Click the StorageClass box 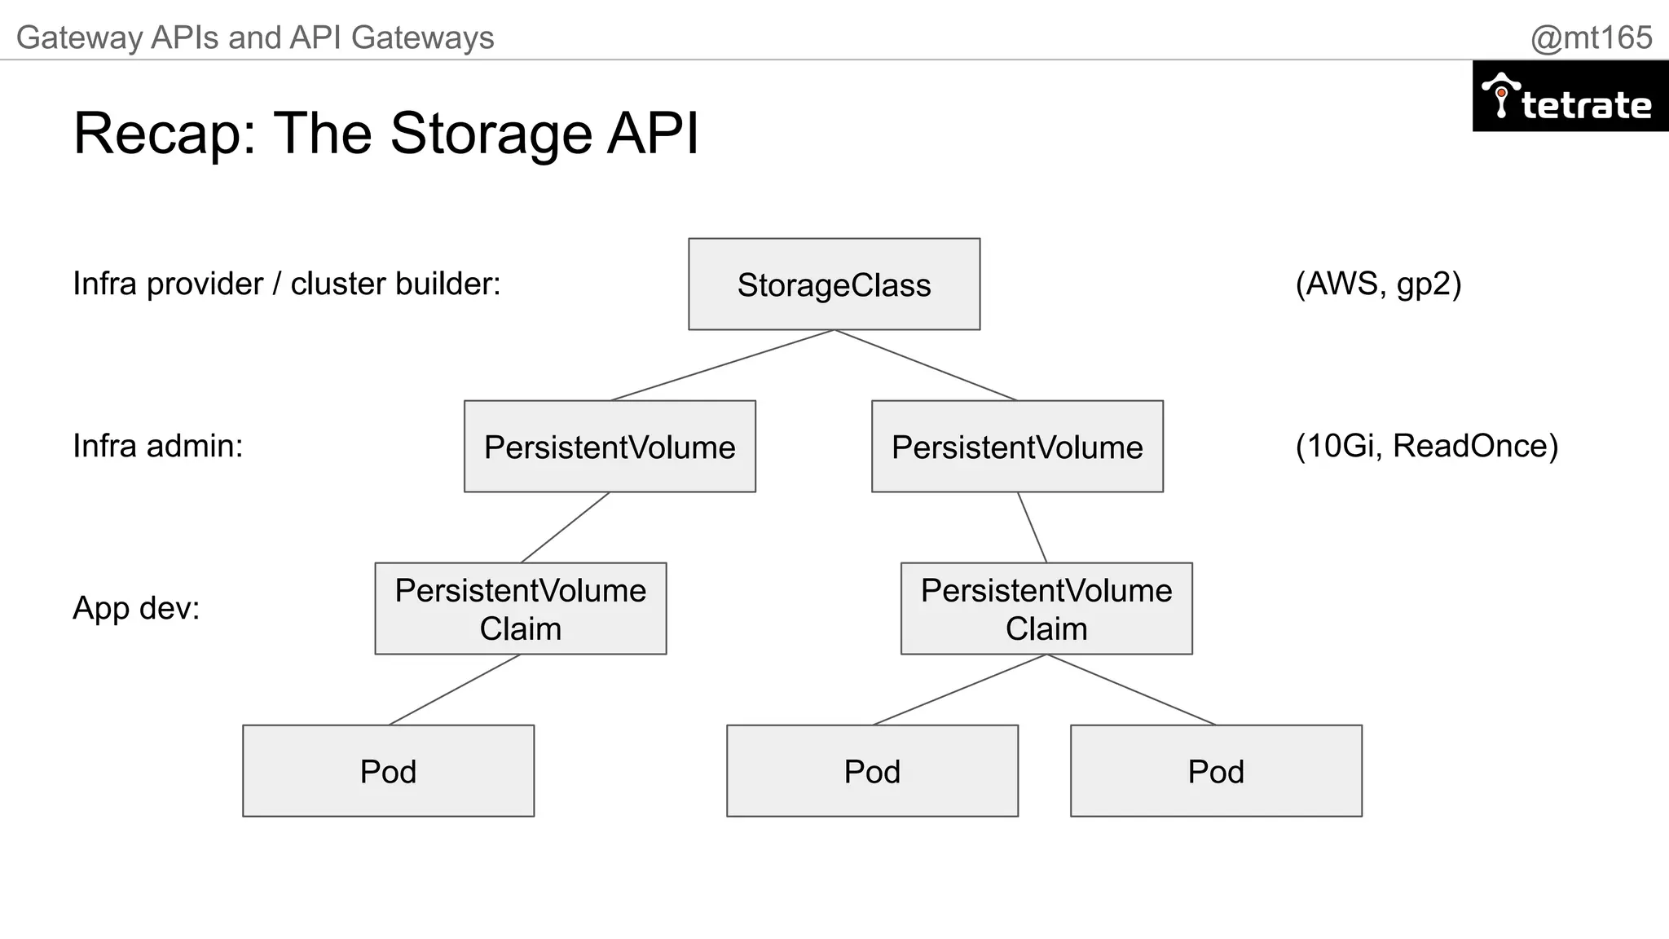pyautogui.click(x=834, y=284)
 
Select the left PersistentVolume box pyautogui.click(x=610, y=447)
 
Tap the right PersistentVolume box pyautogui.click(x=1017, y=447)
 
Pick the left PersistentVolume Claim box pyautogui.click(x=520, y=609)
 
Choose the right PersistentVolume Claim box pyautogui.click(x=1046, y=609)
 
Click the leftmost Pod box pyautogui.click(x=388, y=771)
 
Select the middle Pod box pyautogui.click(x=872, y=771)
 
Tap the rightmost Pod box pyautogui.click(x=1216, y=771)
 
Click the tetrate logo pyautogui.click(x=1570, y=97)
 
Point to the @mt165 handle pyautogui.click(x=1591, y=37)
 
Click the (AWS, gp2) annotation pyautogui.click(x=1378, y=284)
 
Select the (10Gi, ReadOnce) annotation pyautogui.click(x=1426, y=446)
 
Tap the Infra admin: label pyautogui.click(x=158, y=446)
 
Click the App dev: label pyautogui.click(x=136, y=608)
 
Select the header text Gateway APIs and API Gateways pyautogui.click(x=255, y=37)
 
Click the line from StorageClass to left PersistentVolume pyautogui.click(x=722, y=365)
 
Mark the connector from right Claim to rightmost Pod pyautogui.click(x=1131, y=690)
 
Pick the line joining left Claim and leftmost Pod pyautogui.click(x=454, y=690)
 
